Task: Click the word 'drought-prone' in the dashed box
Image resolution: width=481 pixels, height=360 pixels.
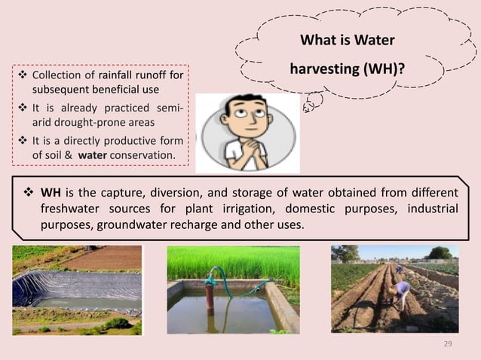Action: pos(79,121)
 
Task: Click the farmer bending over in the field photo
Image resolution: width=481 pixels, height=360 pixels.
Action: pos(402,290)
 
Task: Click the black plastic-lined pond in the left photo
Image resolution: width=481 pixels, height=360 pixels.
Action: pos(75,290)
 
